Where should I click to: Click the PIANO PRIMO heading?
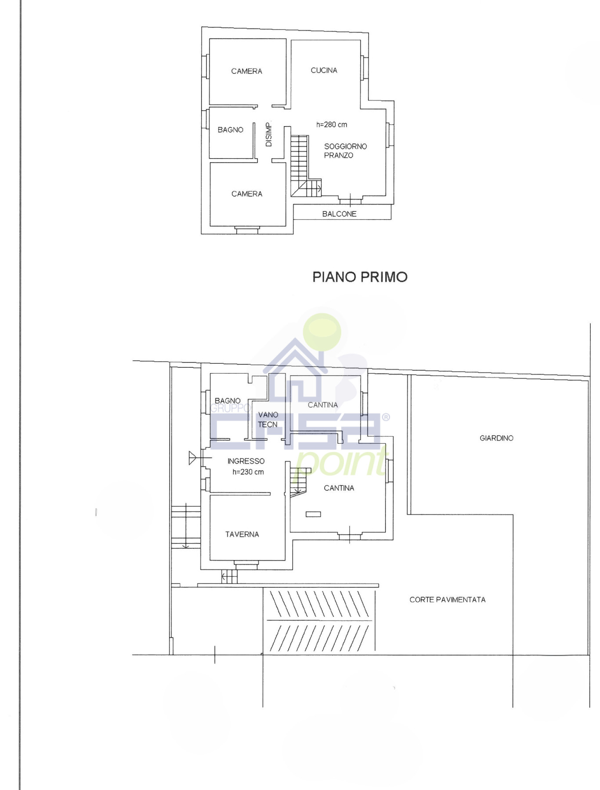(x=360, y=277)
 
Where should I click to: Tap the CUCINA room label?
(x=324, y=70)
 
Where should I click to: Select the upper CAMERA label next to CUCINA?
(x=246, y=71)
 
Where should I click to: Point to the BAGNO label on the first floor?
(x=230, y=130)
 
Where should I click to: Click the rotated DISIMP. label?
(x=268, y=134)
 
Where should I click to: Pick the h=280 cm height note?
(x=332, y=124)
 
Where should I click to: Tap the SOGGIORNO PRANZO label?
(x=345, y=151)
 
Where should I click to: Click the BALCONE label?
(x=339, y=214)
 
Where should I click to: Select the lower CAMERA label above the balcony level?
(x=246, y=194)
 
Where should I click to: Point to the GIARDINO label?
(x=496, y=438)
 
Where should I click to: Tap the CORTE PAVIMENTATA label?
(x=447, y=600)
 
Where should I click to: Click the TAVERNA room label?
(x=242, y=534)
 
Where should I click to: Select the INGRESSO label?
(x=246, y=461)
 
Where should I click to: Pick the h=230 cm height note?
(x=248, y=472)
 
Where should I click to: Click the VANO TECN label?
(x=268, y=420)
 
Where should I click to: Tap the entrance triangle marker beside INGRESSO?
(x=192, y=458)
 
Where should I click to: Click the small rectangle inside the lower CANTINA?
(x=313, y=514)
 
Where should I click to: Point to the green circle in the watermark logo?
(x=322, y=332)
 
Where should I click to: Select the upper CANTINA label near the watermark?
(x=322, y=405)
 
